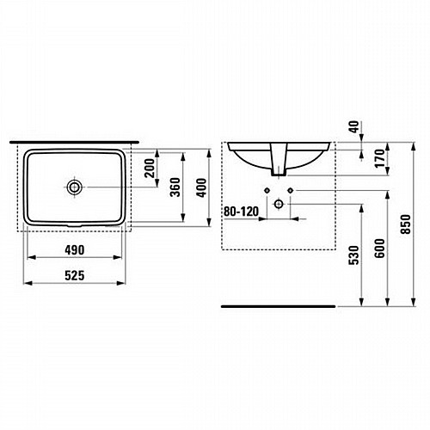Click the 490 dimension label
pos(75,250)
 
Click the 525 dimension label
pos(75,276)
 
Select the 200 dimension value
pos(150,168)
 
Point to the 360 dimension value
pos(175,187)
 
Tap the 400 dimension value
pos(201,187)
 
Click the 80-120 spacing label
pos(241,212)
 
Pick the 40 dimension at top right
pos(354,126)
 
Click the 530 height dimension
pos(354,255)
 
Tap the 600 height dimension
pos(379,249)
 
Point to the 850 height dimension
pos(406,224)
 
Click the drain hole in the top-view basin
pos(75,187)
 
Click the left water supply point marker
pos(267,190)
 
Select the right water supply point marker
pos(291,190)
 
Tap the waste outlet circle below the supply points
pos(279,204)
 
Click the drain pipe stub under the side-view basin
pos(279,160)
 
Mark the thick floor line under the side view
pos(278,306)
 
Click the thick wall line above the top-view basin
pos(74,142)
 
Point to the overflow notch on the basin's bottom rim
pos(75,225)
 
